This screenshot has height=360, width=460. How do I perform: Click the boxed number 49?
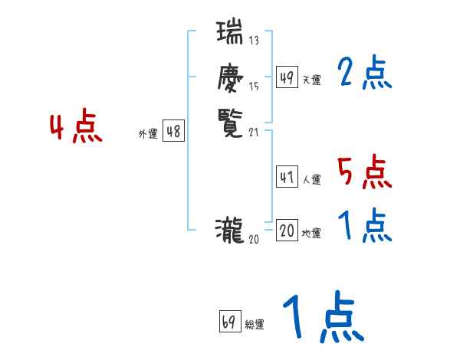pos(287,77)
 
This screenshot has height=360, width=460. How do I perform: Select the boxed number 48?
pos(173,132)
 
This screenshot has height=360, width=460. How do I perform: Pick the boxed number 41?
pos(287,177)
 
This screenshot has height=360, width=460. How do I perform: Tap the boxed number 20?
pos(287,231)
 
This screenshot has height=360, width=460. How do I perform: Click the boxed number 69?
pos(229,322)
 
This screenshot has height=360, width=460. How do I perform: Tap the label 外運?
pos(147,134)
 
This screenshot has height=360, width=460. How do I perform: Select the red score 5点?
pos(364,173)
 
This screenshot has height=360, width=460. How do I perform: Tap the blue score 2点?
pos(364,74)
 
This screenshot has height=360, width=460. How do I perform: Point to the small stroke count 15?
pos(254,87)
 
